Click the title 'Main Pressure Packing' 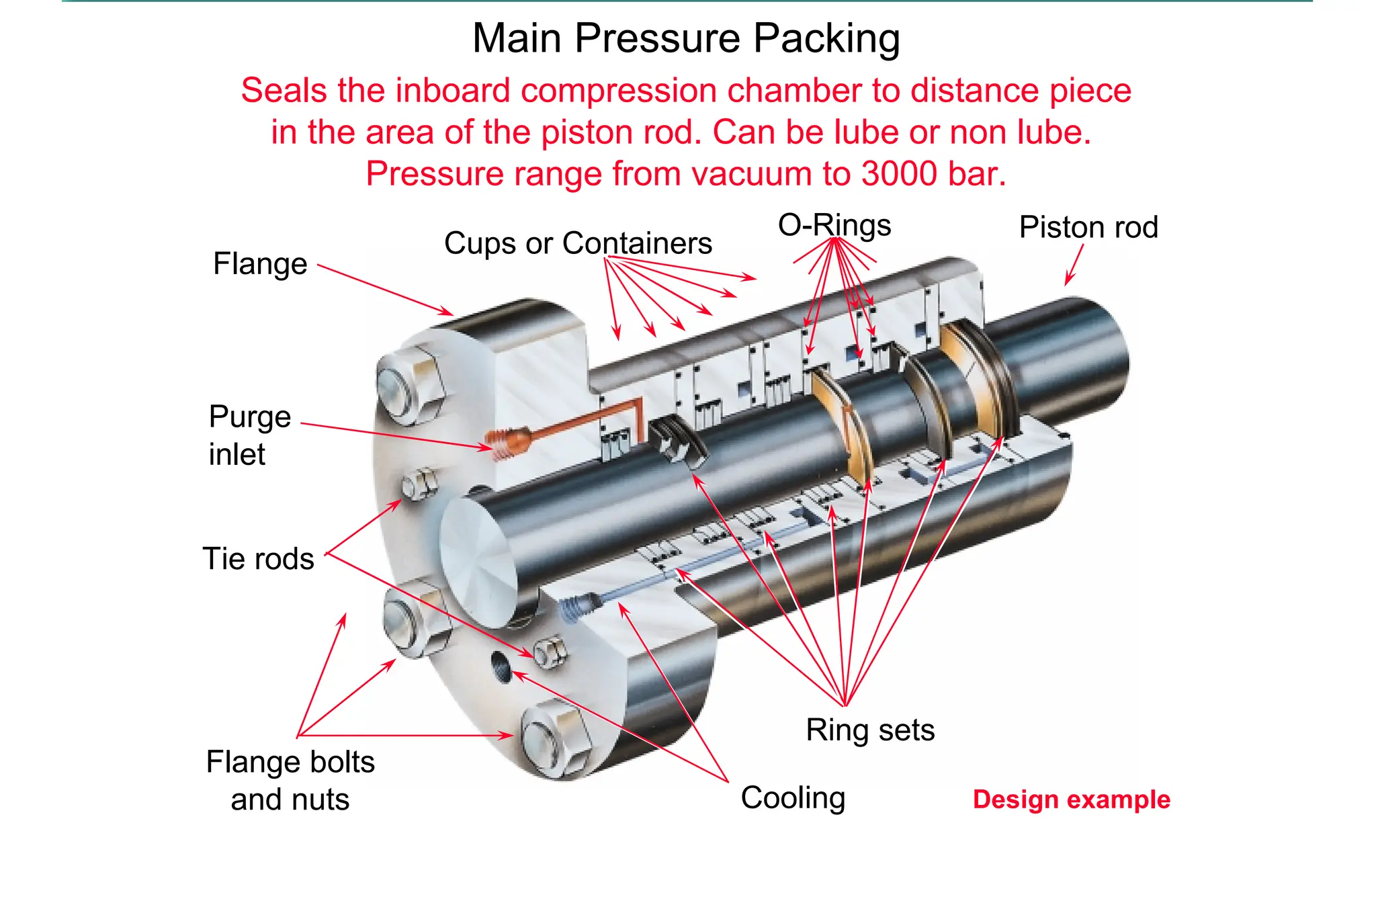(686, 38)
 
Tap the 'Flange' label (260, 264)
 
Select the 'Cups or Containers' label (578, 243)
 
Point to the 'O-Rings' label (834, 226)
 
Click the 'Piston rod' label (1088, 228)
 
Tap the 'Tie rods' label (259, 559)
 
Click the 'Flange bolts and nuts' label (290, 781)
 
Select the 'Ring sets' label (870, 730)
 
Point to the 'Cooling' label (793, 798)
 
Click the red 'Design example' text (1071, 800)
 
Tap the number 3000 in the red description (899, 174)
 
